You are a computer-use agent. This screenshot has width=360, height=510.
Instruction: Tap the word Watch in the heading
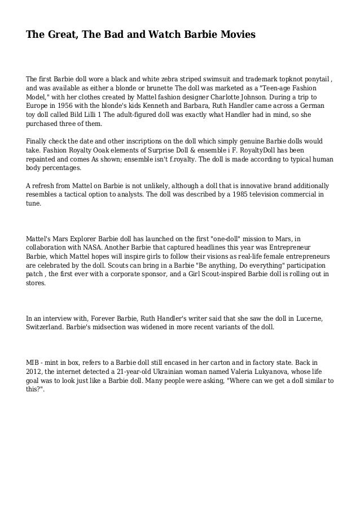tap(160, 36)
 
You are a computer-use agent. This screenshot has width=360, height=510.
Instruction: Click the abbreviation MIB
tap(34, 363)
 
